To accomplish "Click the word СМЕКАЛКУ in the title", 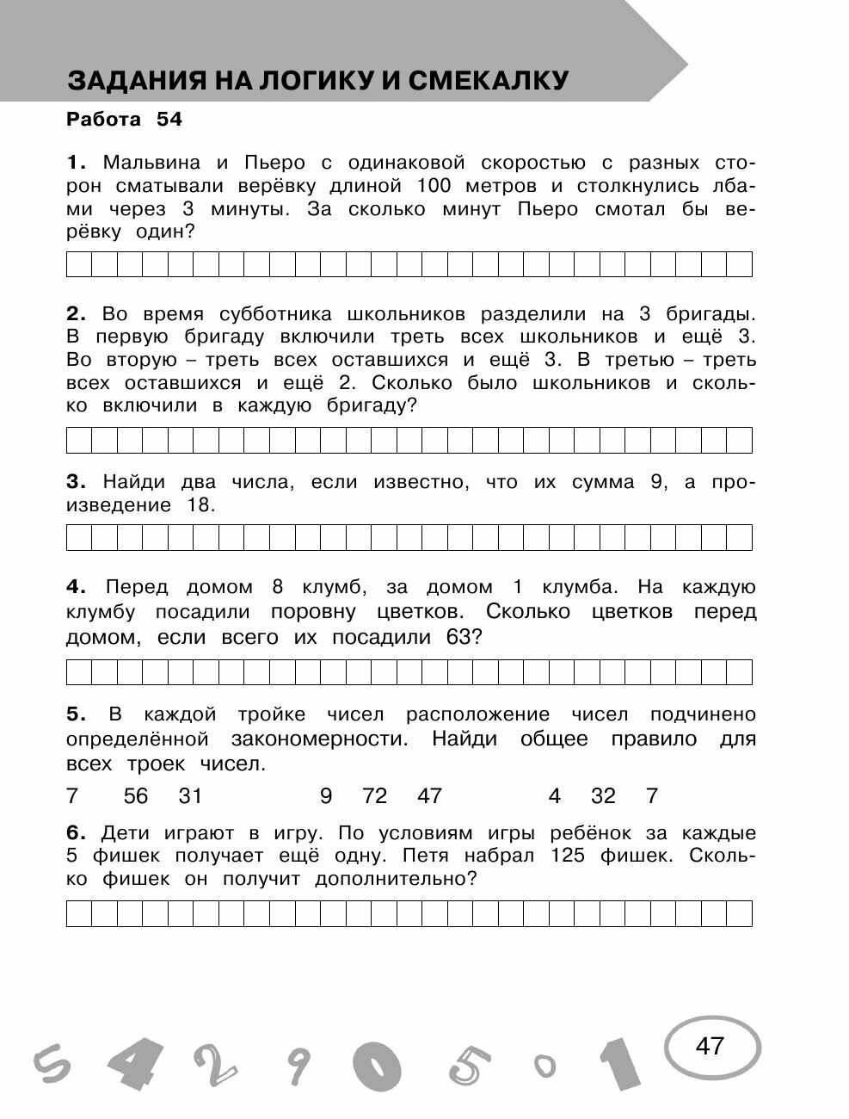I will click(488, 80).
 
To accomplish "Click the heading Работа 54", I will click(124, 120).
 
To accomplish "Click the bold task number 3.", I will click(73, 482).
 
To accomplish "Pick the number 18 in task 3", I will click(199, 505).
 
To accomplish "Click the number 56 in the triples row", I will click(136, 796).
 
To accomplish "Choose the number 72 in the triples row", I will click(375, 796).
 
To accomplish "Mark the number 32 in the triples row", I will click(603, 796).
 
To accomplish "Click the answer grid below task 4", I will click(409, 671).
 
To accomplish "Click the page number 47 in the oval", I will click(711, 1046).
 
